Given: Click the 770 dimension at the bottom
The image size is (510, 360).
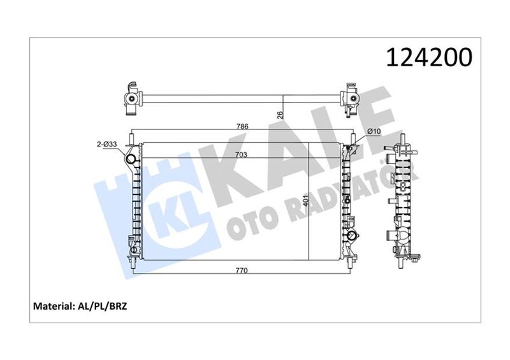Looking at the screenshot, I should tap(242, 270).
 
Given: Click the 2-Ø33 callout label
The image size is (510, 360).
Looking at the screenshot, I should tap(106, 145).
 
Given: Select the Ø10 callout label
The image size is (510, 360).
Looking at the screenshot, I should tap(373, 131).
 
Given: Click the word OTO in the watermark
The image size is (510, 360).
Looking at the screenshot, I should tap(249, 220).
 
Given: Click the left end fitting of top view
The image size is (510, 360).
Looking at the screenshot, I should tap(132, 99).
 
